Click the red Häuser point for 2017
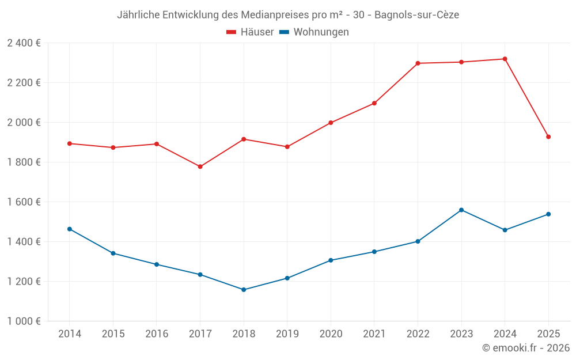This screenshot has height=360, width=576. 200,166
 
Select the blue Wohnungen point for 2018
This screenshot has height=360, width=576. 244,290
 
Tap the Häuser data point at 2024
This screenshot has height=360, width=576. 505,59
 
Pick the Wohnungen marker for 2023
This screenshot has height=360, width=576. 461,210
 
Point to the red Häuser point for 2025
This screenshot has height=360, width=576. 548,137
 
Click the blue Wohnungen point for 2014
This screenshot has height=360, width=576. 70,229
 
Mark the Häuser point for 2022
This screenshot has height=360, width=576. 418,63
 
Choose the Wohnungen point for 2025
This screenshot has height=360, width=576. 548,214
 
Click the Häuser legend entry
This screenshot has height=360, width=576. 250,32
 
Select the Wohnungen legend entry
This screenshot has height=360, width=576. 314,32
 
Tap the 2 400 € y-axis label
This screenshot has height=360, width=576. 24,43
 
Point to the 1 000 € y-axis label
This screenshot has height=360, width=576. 24,321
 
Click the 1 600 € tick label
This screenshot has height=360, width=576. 24,202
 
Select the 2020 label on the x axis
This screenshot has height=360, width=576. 331,334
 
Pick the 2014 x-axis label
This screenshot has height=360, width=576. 70,334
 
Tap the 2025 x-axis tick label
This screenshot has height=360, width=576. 548,334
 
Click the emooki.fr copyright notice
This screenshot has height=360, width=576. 525,348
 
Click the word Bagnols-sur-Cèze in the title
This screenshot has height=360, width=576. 416,15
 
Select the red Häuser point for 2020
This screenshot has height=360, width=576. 331,123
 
